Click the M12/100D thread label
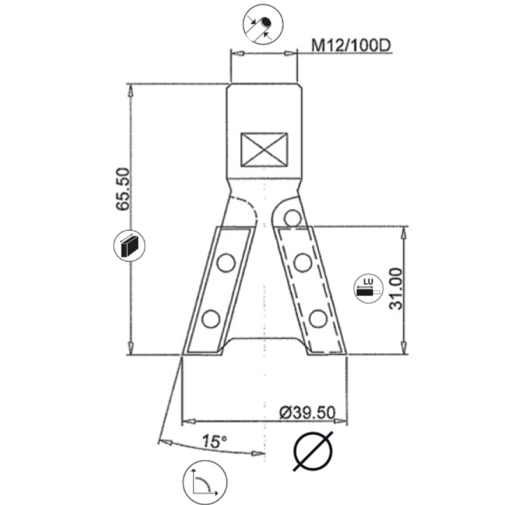click(x=350, y=46)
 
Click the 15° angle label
click(x=214, y=442)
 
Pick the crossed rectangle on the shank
click(x=264, y=149)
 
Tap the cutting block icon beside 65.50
click(x=130, y=246)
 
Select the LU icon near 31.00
click(x=365, y=290)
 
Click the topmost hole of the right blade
click(x=289, y=217)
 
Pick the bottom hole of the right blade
click(x=318, y=319)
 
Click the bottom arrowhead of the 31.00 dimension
click(x=402, y=349)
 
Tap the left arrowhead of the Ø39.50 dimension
click(x=187, y=421)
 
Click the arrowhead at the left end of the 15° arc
click(x=164, y=440)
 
